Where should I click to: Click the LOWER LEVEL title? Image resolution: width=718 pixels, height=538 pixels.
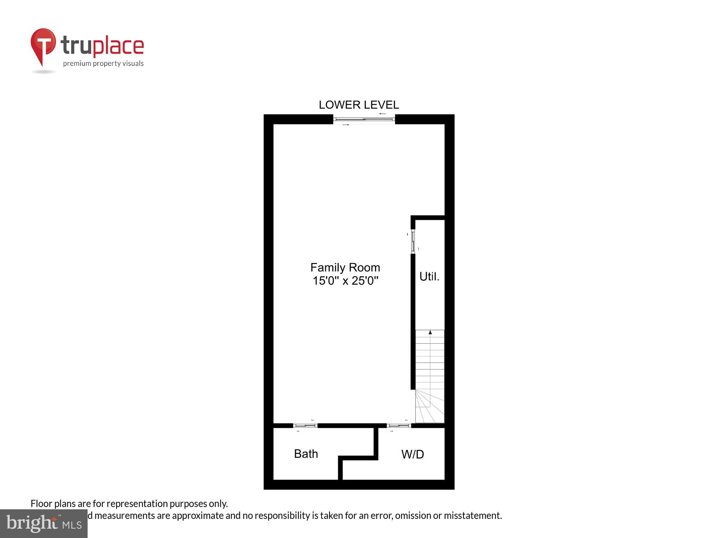(x=359, y=105)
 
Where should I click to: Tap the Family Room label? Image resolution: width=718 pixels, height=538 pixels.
(x=345, y=268)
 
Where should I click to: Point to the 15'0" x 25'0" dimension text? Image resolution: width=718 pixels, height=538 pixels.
(x=345, y=280)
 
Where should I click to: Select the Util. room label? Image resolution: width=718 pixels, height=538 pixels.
(x=429, y=277)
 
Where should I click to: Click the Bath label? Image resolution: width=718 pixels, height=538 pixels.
(x=306, y=454)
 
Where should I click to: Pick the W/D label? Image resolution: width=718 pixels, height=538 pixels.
(x=412, y=454)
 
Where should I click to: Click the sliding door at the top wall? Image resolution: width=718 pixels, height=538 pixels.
(x=364, y=119)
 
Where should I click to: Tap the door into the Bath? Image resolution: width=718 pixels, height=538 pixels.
(x=305, y=426)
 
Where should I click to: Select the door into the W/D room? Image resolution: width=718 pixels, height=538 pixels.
(x=399, y=426)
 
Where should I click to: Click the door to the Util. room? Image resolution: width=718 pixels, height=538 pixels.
(x=413, y=242)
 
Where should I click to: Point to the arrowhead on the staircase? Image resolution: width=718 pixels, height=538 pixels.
(x=430, y=332)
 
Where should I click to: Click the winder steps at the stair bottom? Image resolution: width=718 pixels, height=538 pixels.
(x=429, y=407)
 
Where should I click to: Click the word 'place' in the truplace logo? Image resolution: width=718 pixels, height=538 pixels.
(x=118, y=47)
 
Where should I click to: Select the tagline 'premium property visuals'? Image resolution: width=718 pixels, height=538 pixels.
(x=103, y=63)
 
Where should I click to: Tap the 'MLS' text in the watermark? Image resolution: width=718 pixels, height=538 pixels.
(x=72, y=525)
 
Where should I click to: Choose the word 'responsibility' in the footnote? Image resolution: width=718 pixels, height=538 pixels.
(x=282, y=515)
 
